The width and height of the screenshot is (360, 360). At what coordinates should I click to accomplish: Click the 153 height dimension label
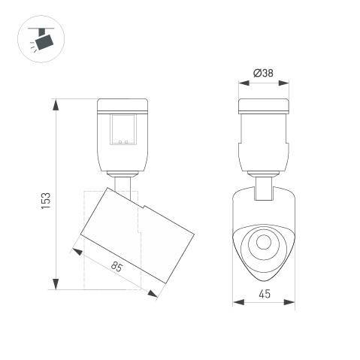click(x=47, y=201)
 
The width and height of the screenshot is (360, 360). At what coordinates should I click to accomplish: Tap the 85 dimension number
click(x=116, y=266)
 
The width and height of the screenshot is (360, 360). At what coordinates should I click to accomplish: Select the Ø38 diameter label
click(x=263, y=73)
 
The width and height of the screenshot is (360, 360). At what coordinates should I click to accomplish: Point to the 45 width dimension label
click(x=265, y=294)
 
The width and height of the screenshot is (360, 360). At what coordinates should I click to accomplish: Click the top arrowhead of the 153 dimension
click(x=56, y=104)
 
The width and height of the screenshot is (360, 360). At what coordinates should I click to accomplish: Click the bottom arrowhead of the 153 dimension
click(x=56, y=284)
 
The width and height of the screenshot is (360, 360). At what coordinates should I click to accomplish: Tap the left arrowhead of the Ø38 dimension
click(x=244, y=83)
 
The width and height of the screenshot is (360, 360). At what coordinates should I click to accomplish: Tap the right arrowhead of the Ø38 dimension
click(x=283, y=83)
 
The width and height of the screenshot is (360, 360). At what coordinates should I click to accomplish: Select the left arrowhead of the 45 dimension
click(x=238, y=302)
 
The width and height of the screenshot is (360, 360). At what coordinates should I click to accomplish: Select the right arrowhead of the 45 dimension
click(x=289, y=302)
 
